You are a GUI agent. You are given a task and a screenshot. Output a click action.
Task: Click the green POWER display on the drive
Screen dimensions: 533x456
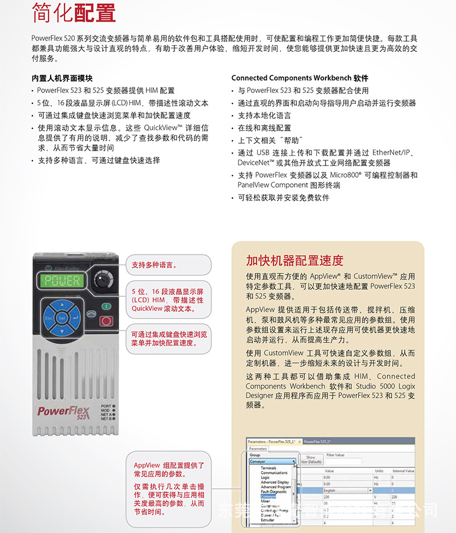point(63,281)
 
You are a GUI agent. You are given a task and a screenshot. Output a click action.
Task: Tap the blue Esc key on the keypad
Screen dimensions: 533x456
point(49,317)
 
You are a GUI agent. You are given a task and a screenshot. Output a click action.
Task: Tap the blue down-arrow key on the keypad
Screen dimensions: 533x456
point(62,330)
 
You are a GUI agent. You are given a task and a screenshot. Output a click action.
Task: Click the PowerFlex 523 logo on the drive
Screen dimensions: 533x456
point(61,412)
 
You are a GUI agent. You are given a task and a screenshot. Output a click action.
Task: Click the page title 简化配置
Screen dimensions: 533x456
point(74,13)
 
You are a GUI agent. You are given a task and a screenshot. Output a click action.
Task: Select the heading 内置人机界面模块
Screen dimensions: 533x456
point(62,78)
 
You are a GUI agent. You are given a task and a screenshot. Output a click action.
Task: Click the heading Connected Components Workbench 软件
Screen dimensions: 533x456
point(300,78)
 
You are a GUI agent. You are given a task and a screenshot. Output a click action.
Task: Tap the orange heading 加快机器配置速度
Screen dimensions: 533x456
point(295,261)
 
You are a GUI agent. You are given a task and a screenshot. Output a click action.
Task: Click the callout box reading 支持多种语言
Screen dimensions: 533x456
point(168,265)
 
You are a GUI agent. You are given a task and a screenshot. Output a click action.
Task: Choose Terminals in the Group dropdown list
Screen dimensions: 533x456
point(268,468)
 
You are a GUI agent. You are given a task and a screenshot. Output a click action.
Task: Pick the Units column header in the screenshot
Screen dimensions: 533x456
point(379,471)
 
